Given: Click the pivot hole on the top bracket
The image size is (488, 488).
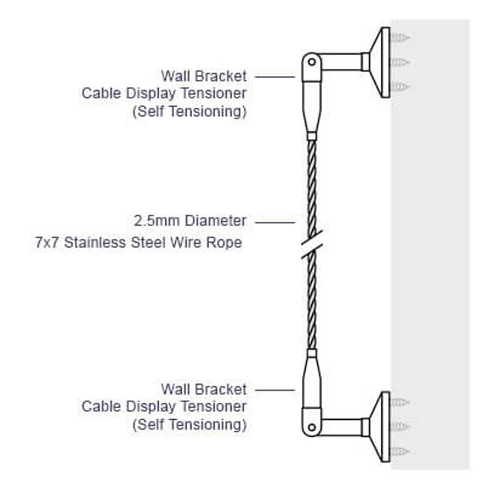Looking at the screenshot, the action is point(312,62).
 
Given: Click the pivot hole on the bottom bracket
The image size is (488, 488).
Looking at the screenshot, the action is point(312,428).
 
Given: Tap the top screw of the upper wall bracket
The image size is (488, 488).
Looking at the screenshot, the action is point(400,37).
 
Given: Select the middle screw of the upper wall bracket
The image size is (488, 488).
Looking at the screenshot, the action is point(400,62).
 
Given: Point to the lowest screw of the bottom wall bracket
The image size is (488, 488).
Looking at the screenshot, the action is point(400,451).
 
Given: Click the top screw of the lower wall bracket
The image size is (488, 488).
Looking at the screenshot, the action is point(400,402).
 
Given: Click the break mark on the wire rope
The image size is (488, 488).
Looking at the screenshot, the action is point(312,245).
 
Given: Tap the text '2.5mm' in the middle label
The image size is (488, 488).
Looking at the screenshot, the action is point(157,221).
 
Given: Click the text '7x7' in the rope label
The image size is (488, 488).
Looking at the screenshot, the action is point(47,242).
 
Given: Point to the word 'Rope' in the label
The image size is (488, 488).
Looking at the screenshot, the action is point(224,242).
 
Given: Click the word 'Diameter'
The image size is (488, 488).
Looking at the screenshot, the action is point(216,221).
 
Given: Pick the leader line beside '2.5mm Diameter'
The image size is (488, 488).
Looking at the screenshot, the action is point(274,223).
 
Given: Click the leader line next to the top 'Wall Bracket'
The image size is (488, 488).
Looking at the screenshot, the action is point(274,77).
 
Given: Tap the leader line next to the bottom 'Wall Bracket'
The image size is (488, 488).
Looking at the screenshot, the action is point(274,390).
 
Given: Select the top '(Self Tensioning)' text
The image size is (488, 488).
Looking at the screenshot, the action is point(190,112).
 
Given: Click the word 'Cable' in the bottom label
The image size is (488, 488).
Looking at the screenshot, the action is point(101,406).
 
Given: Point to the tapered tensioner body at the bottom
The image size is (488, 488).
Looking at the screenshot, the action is point(312,384).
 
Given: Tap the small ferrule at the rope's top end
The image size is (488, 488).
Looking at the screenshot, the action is point(312,136).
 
